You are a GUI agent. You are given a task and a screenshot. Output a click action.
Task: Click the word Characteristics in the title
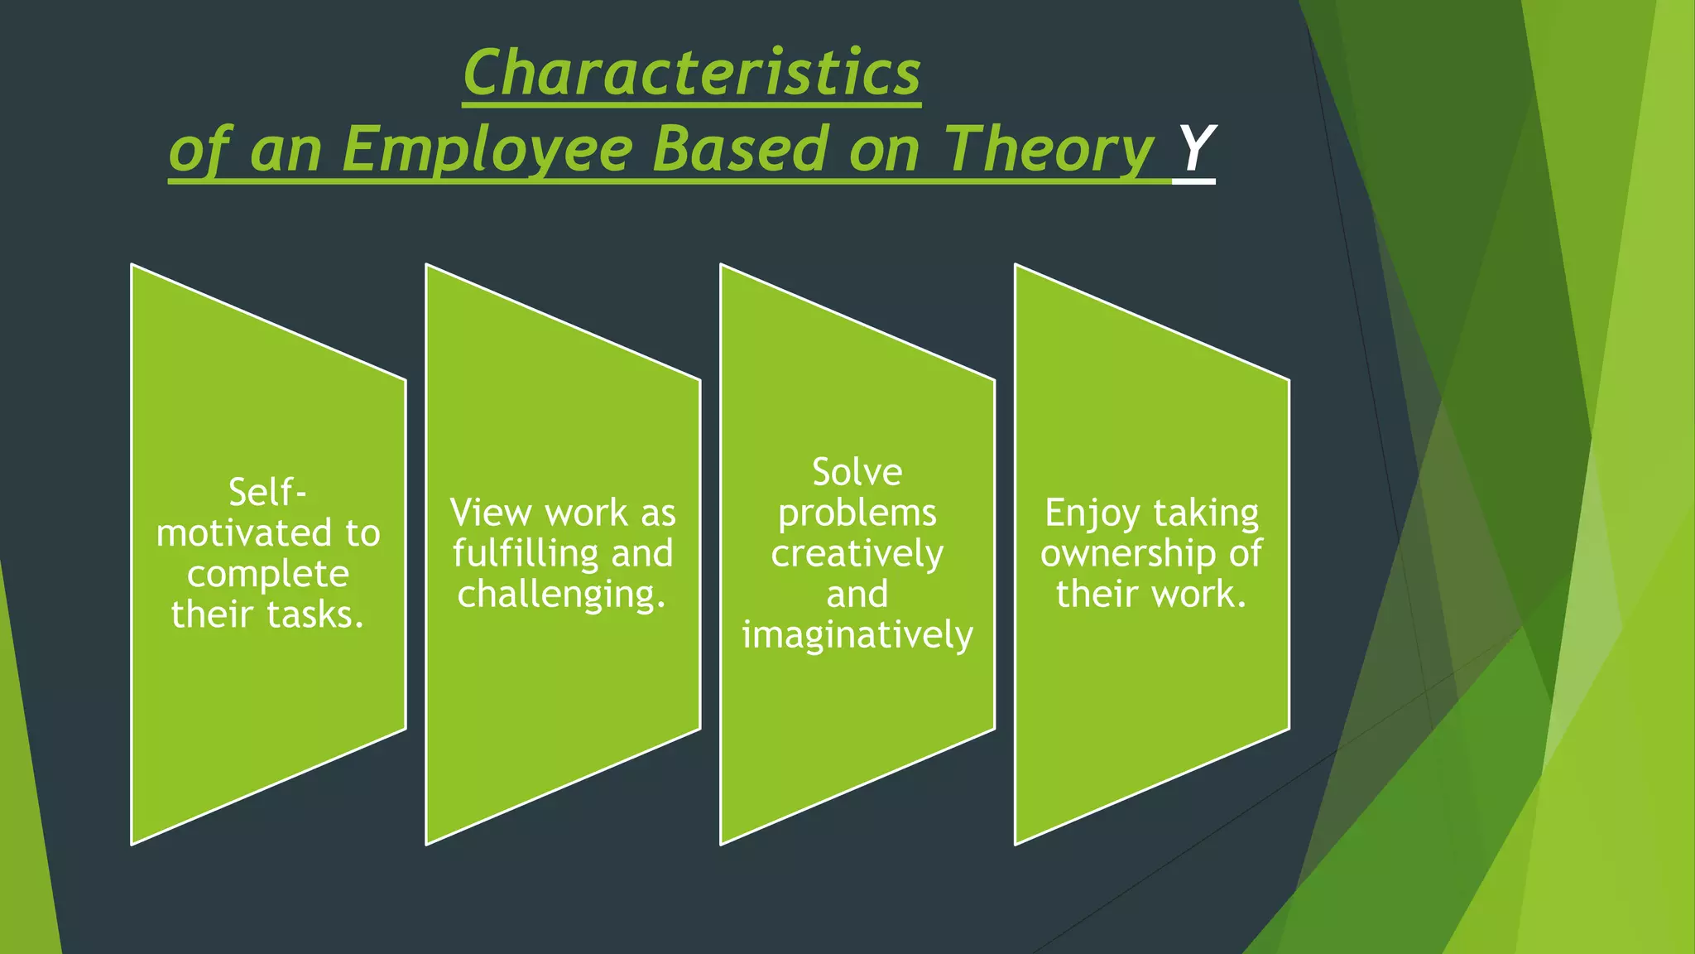[x=691, y=73]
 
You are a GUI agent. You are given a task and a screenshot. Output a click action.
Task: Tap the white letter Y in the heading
[x=1194, y=149]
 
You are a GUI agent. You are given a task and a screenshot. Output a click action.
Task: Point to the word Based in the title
[x=740, y=149]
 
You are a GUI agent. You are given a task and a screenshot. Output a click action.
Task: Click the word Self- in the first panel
[x=267, y=493]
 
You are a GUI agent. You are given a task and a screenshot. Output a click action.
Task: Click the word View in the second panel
[x=490, y=513]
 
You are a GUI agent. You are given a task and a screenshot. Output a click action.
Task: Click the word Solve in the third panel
[x=857, y=473]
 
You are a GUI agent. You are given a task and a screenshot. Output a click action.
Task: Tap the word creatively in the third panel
[x=857, y=554]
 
